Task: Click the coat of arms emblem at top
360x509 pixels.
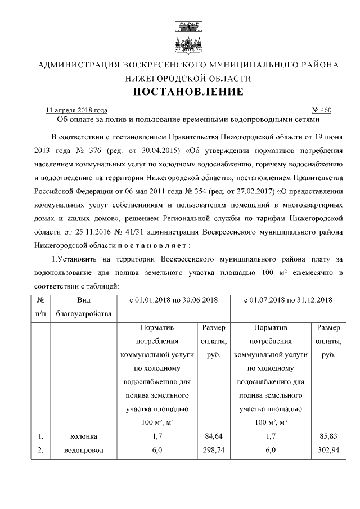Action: point(188,35)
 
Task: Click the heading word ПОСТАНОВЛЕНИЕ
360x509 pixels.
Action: point(188,92)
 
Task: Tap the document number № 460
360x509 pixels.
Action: point(321,110)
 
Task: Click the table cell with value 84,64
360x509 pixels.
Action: point(213,436)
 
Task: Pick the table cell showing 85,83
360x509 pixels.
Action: point(328,436)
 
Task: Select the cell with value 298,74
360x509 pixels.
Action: point(213,451)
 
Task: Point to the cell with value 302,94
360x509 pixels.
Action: point(328,451)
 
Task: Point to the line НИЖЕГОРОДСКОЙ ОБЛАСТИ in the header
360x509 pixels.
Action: point(188,78)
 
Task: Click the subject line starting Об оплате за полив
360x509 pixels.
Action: point(188,119)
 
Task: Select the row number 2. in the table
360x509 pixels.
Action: point(40,451)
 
